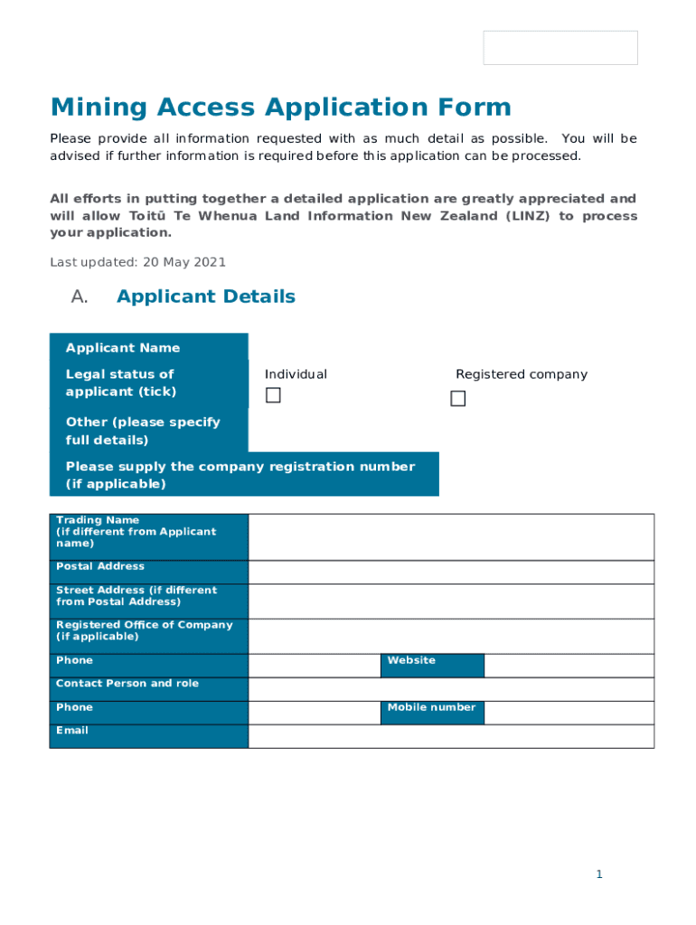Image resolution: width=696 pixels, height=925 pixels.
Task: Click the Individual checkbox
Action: (x=273, y=397)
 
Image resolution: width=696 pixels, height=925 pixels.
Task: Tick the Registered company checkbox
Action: (x=458, y=398)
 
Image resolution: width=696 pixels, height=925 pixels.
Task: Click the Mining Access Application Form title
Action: (x=280, y=107)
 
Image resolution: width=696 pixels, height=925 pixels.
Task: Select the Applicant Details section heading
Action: (x=205, y=297)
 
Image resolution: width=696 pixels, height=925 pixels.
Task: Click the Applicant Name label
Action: (x=123, y=348)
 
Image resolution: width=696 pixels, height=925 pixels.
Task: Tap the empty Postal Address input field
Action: (x=450, y=572)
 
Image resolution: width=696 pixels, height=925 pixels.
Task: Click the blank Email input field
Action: (x=450, y=736)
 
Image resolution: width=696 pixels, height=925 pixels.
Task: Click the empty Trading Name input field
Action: (x=450, y=537)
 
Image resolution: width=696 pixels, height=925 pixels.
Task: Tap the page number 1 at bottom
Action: (x=598, y=874)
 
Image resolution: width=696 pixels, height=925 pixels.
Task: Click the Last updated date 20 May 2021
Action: (x=137, y=263)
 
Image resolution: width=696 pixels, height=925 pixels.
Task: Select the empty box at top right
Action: (x=560, y=48)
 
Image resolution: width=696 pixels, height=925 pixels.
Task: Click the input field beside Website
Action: (x=569, y=665)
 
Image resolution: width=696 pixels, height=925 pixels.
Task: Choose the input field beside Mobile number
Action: (x=569, y=712)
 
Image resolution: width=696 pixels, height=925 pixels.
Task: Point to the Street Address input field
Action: (x=450, y=601)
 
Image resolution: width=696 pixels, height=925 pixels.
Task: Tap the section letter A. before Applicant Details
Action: (x=79, y=297)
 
